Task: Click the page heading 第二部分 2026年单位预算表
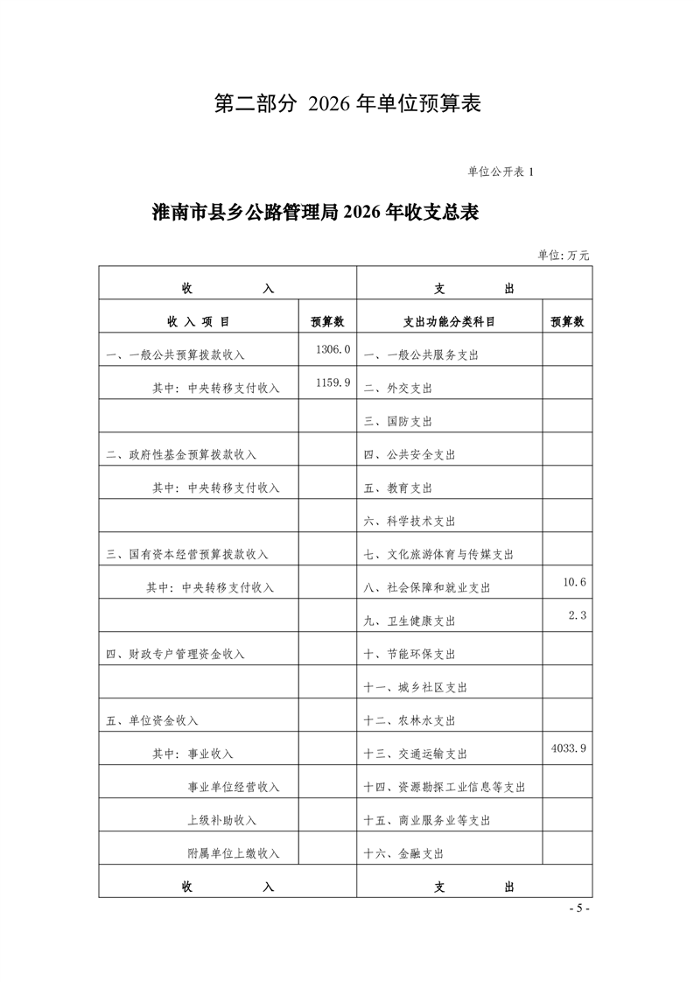[348, 104]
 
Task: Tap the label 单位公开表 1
[501, 172]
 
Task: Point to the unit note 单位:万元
[564, 255]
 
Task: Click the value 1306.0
[333, 349]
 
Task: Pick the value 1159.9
[333, 382]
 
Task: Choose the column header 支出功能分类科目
[449, 321]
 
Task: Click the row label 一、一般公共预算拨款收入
[175, 355]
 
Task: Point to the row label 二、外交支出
[398, 389]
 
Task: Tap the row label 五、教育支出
[398, 488]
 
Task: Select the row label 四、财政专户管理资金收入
[175, 654]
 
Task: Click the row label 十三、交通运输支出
[416, 754]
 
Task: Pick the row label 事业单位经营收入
[234, 787]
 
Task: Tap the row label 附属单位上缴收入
[234, 853]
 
